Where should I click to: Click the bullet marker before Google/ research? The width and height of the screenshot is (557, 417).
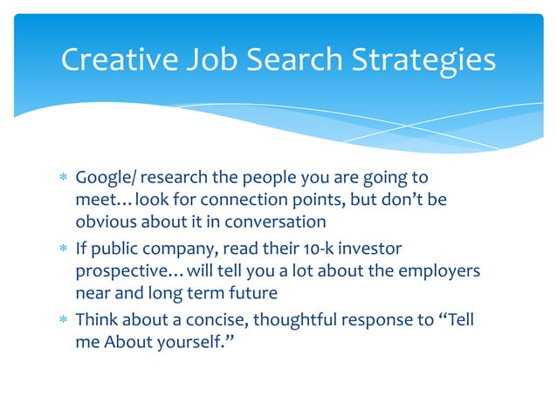point(61,179)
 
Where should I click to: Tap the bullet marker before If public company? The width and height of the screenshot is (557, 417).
point(61,250)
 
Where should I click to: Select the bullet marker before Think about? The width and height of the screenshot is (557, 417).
point(61,321)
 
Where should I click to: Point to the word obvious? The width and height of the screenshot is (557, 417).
point(104,222)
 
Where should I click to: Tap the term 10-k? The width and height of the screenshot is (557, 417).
point(330,250)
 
